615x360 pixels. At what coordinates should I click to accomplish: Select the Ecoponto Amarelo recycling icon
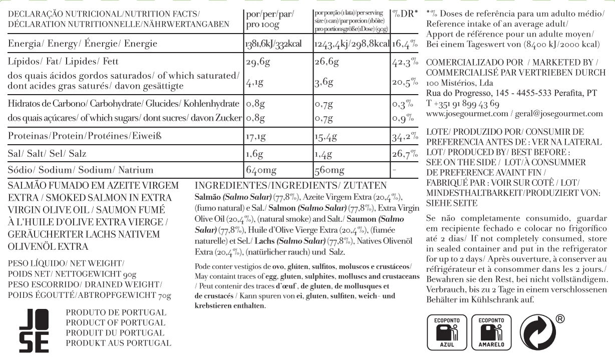tap(491, 331)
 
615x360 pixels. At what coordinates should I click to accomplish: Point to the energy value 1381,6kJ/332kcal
tap(273, 44)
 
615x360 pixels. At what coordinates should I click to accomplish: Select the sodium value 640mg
tap(261, 170)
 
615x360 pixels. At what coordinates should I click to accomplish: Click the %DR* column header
tap(405, 14)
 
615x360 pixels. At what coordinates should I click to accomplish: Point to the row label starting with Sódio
tap(80, 170)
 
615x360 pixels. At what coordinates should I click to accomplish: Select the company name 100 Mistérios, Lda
tap(459, 83)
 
